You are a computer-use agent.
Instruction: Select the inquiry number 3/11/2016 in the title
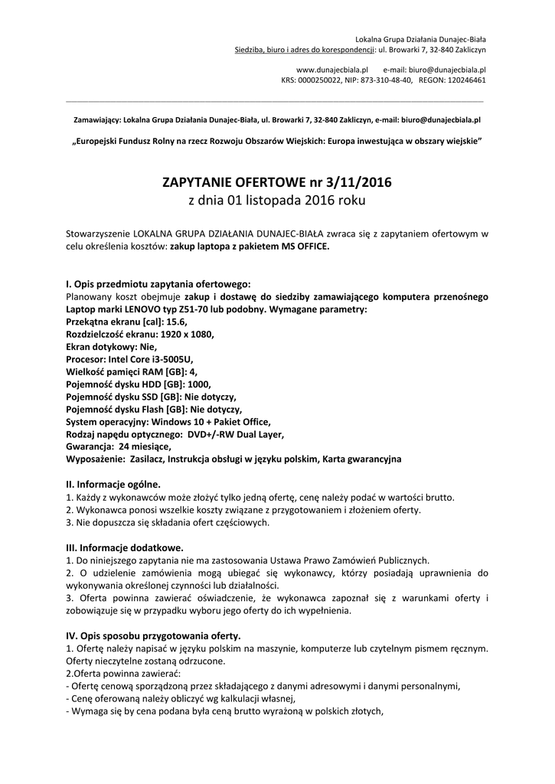click(x=356, y=184)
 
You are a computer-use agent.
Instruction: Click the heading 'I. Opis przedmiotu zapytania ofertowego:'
click(x=158, y=283)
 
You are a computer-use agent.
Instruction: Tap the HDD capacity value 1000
click(x=197, y=384)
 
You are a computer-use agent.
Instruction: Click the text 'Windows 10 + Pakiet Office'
click(x=211, y=421)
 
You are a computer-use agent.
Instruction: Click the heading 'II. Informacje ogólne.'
click(x=114, y=484)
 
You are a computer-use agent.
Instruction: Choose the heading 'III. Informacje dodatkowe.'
click(x=125, y=547)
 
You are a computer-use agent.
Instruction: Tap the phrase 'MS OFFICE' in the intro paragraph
click(x=303, y=246)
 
